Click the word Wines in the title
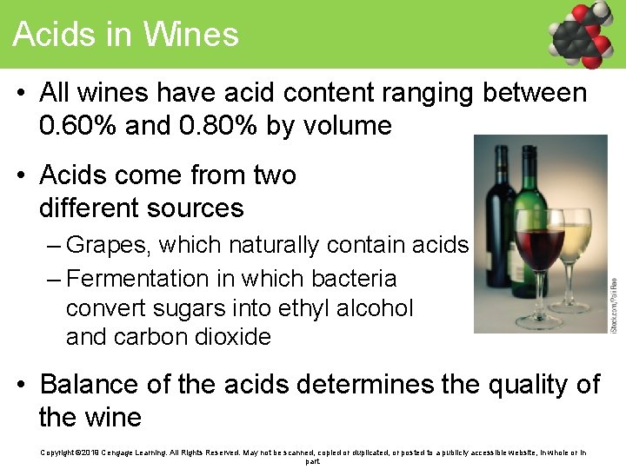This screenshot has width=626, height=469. (190, 34)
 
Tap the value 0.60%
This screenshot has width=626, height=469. (78, 126)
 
